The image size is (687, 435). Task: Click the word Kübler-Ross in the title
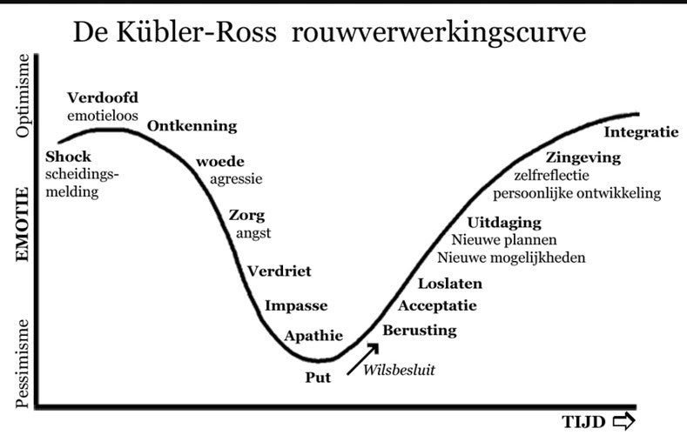coord(196,31)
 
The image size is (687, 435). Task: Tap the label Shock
coord(68,157)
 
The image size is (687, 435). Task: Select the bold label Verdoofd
coord(103,97)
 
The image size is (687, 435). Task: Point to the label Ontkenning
coord(192,126)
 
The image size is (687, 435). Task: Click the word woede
coord(220,162)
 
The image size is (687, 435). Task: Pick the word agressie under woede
coord(236,179)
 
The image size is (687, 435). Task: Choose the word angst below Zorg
coord(253,233)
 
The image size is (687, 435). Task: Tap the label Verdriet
coord(280,271)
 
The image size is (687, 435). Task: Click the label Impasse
coord(296,305)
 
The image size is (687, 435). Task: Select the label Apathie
coord(313,336)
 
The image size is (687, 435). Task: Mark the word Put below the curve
coord(318,378)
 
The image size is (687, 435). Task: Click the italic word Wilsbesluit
coord(399,371)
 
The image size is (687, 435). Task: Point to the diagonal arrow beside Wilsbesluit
coord(362,359)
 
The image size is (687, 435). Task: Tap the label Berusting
coord(420,331)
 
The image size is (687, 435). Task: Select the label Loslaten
coord(450,284)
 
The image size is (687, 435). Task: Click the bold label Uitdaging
coord(504,223)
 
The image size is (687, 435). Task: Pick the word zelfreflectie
coord(552,176)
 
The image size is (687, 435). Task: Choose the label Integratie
coord(641,132)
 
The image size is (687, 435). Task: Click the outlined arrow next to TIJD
coord(623,421)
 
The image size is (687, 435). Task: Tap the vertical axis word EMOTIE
coord(23,224)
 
